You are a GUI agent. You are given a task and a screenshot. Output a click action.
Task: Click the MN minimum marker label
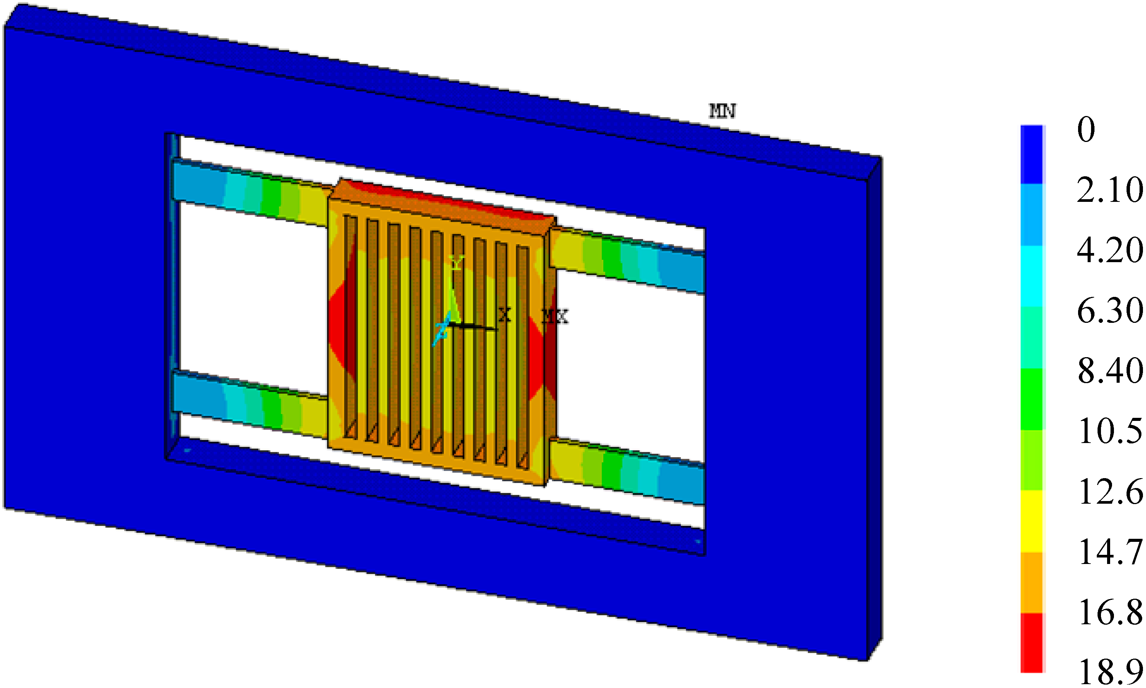(x=722, y=111)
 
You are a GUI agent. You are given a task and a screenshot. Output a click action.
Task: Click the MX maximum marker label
(x=555, y=317)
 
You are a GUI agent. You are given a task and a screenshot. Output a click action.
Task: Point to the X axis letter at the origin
(x=504, y=315)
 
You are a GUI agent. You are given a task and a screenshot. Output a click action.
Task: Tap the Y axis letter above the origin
(x=457, y=263)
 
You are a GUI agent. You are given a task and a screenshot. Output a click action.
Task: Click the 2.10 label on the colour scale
(x=1110, y=190)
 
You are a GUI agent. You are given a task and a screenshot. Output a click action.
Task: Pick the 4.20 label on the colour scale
(x=1110, y=250)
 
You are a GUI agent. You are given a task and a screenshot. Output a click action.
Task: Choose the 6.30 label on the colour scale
(x=1110, y=311)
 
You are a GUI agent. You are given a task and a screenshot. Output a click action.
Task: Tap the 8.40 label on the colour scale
(x=1110, y=371)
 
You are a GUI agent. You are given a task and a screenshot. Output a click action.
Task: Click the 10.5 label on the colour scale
(x=1110, y=432)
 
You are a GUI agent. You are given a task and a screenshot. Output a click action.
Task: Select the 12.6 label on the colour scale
(x=1110, y=492)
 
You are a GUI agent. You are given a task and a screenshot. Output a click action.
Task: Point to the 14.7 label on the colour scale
(x=1110, y=552)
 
